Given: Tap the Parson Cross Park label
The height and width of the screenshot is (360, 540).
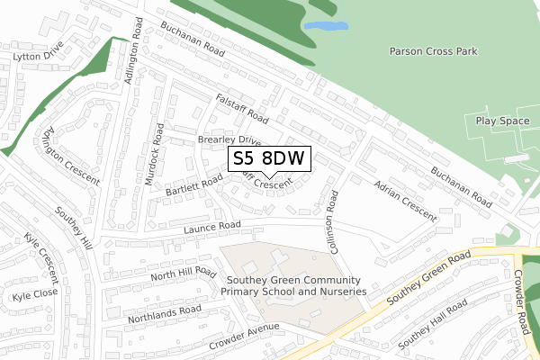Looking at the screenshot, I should click(x=432, y=51).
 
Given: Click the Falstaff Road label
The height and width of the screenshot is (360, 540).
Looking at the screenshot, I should click(x=242, y=112).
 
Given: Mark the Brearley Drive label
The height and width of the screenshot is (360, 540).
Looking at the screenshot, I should click(x=229, y=141).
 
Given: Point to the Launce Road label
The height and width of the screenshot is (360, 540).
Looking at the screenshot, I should click(x=213, y=226).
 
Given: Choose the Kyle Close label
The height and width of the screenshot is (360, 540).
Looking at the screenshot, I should click(x=34, y=293).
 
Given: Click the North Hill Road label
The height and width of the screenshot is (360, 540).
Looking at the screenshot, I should click(x=184, y=273).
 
